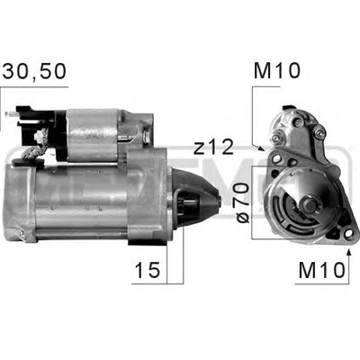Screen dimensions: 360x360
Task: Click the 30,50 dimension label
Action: [x=34, y=71]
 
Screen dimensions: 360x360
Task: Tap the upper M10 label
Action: [x=276, y=71]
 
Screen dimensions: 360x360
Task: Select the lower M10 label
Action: [x=321, y=270]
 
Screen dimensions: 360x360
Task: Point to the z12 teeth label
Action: [x=213, y=148]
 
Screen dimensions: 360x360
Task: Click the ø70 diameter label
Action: [x=242, y=203]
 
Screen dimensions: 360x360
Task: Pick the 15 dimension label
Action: [x=147, y=270]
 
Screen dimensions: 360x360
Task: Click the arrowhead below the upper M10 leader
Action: [x=262, y=148]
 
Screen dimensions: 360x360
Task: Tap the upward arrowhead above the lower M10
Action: [x=348, y=244]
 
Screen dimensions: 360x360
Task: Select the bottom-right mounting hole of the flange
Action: [x=348, y=233]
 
